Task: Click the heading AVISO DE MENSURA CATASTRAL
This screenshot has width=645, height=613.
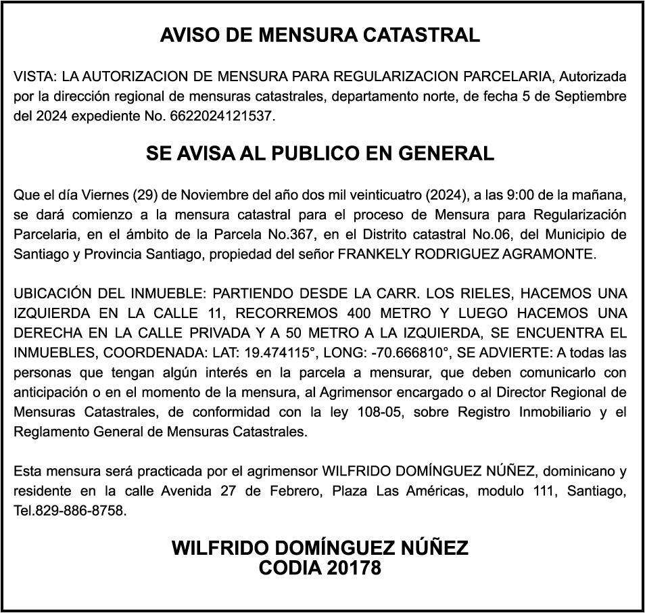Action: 320,35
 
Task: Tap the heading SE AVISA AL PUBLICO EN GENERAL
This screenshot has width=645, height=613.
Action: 320,154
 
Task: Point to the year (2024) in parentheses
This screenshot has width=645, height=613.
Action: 445,196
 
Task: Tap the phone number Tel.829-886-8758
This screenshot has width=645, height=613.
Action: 70,510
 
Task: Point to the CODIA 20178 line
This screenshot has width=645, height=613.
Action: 320,568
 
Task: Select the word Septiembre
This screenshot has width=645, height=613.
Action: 590,96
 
